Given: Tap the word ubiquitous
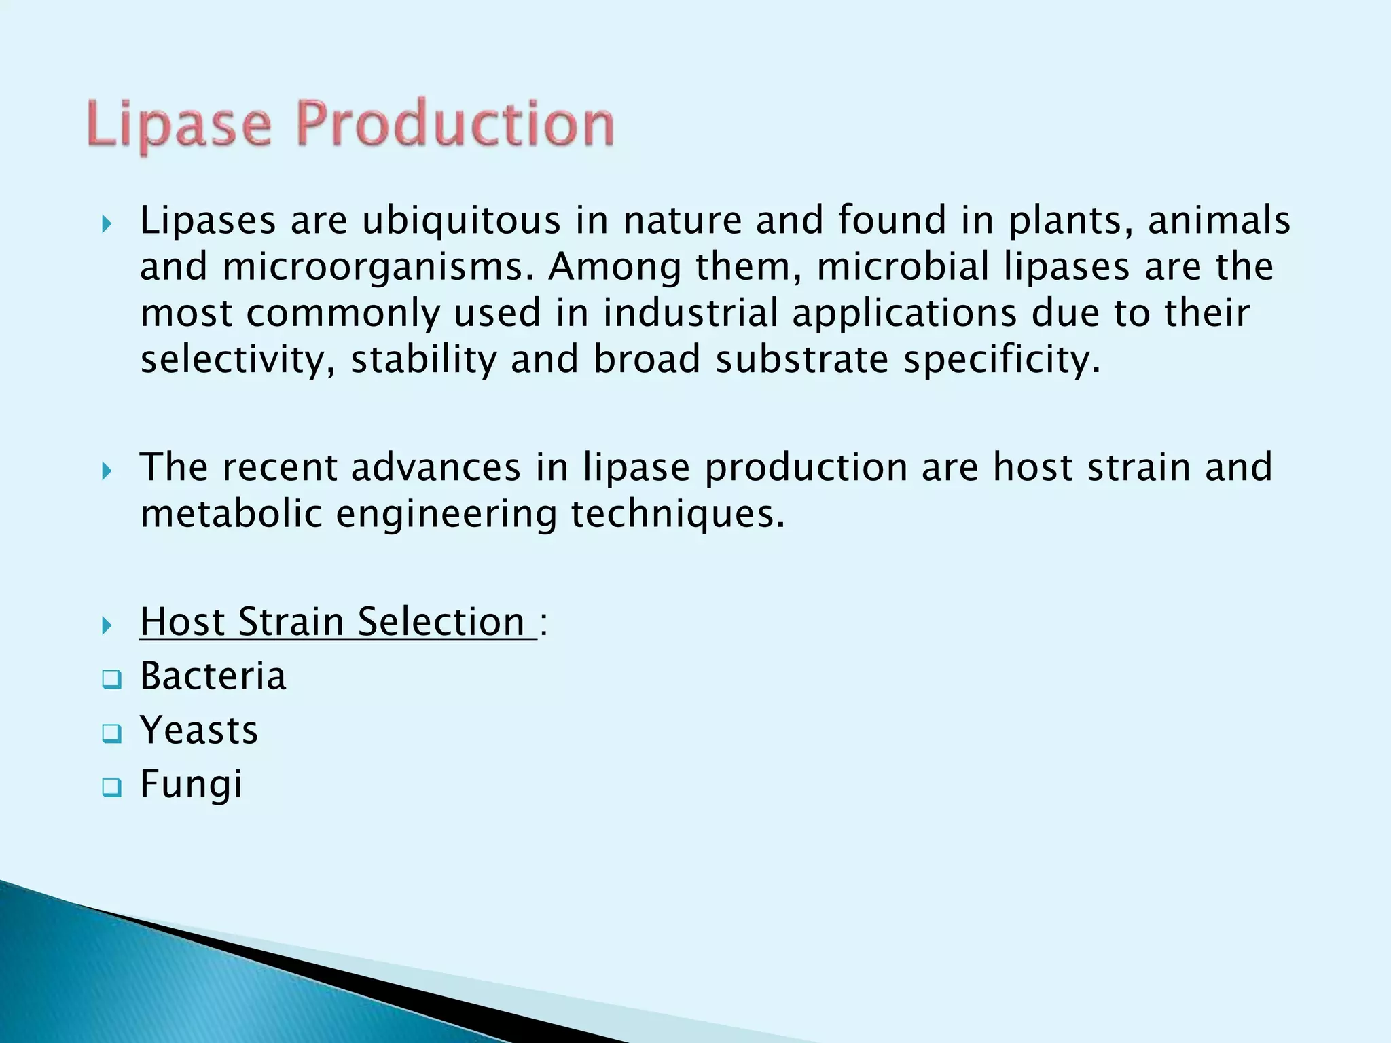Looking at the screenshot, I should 461,221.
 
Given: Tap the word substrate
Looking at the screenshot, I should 801,359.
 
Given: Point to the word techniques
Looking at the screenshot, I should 677,513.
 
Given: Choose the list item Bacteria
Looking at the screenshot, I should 213,676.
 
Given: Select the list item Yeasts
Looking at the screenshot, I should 199,731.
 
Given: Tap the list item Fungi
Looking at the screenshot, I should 191,785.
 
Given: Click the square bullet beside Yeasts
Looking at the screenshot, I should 111,733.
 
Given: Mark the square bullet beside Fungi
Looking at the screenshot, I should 111,788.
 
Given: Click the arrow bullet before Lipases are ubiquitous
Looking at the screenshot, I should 107,224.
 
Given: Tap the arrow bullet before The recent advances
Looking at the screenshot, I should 107,471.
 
